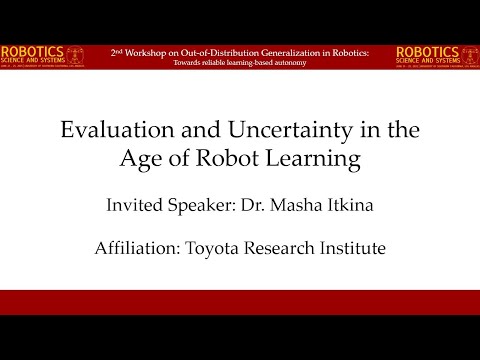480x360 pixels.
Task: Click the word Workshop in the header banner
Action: tap(154, 51)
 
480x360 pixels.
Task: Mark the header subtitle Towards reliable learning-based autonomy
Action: tap(239, 62)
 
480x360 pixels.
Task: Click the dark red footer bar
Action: tap(240, 302)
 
